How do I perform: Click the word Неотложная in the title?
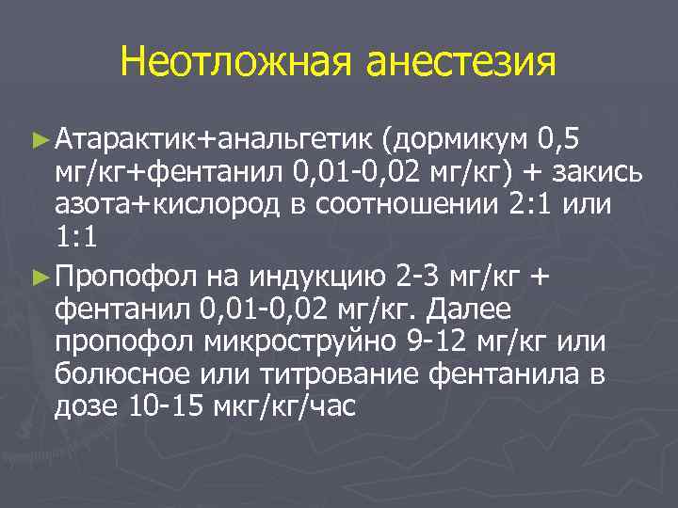click(x=235, y=63)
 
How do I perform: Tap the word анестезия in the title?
click(x=458, y=63)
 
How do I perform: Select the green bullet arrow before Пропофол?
click(x=38, y=277)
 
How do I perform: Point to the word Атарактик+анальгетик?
click(x=216, y=141)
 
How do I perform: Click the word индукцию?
click(x=320, y=278)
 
